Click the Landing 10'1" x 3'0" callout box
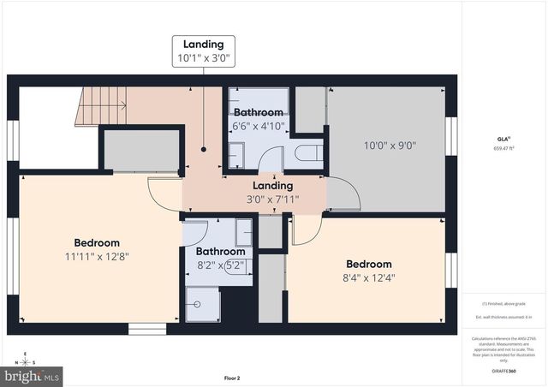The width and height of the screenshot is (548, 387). point(203,51)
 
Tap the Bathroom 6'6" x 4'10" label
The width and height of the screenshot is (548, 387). point(258,119)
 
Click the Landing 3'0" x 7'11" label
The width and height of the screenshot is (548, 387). point(272,193)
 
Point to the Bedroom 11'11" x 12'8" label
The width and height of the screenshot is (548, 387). point(96,249)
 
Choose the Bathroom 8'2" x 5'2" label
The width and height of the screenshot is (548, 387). point(220,259)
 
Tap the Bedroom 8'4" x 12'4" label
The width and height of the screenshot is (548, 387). point(368,271)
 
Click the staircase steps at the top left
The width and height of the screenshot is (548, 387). point(102,106)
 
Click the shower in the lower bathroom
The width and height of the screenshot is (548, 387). point(203,305)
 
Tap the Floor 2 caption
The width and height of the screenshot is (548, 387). point(232,378)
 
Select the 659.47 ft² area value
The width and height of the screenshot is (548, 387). point(503,148)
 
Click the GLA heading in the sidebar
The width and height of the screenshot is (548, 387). point(503,138)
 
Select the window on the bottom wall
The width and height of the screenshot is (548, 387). point(147,329)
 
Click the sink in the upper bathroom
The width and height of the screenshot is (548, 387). point(237,155)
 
